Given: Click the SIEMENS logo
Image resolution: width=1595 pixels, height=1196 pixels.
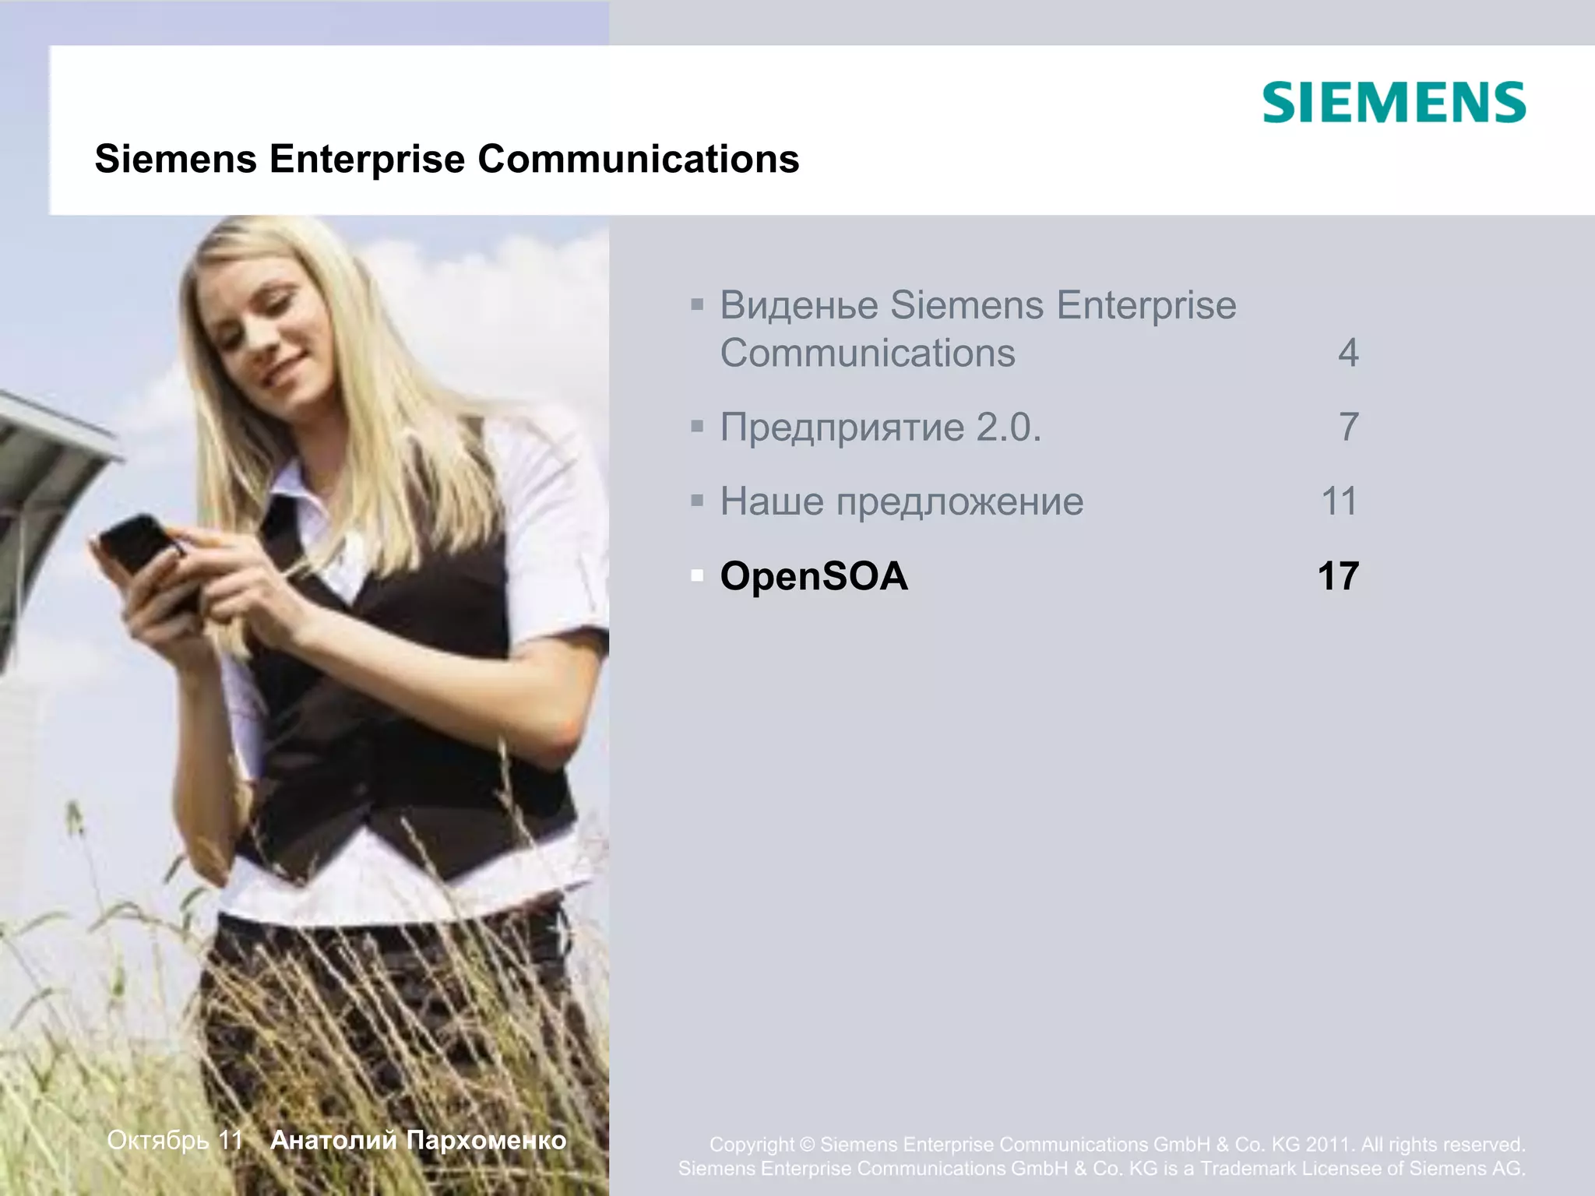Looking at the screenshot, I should [1393, 103].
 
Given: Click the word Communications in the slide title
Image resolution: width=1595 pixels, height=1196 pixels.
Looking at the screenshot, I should [638, 159].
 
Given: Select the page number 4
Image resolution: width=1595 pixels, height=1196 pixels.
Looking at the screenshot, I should [1348, 353].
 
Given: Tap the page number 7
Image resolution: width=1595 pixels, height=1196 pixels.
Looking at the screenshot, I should [1348, 427].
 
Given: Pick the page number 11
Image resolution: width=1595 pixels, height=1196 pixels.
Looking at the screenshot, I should [1340, 501].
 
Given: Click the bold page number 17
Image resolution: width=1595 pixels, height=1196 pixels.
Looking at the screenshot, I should [1338, 576].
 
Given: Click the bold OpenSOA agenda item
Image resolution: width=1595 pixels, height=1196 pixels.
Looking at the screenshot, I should [814, 576].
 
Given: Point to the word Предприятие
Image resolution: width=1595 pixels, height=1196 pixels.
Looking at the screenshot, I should [842, 427].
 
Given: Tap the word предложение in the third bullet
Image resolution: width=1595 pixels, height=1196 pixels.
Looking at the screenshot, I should [959, 501].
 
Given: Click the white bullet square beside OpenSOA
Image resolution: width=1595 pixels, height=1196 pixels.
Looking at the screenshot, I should [697, 576].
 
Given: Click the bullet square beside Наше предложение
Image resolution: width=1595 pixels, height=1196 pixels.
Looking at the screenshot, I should [697, 501].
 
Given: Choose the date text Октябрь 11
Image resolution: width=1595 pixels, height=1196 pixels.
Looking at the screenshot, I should [175, 1140].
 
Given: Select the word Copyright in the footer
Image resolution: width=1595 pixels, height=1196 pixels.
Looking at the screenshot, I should [752, 1145].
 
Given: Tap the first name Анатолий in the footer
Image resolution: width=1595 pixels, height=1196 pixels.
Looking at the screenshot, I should [333, 1140].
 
